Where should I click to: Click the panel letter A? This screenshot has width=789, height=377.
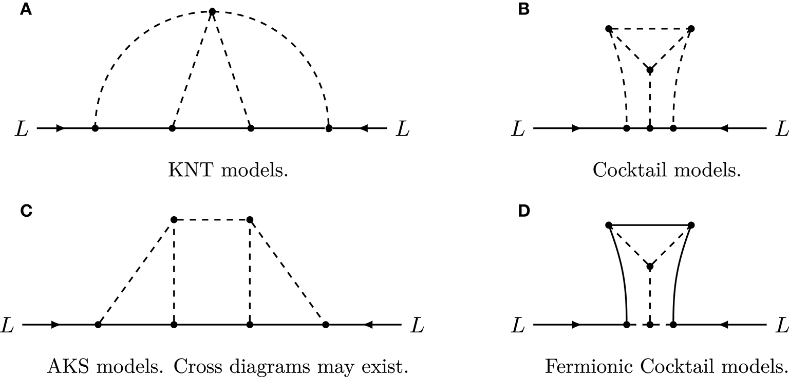pyautogui.click(x=25, y=10)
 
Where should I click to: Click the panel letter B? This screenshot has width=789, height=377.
pyautogui.click(x=524, y=10)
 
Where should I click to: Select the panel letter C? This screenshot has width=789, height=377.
pyautogui.click(x=25, y=211)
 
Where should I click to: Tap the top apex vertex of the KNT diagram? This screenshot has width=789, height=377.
pyautogui.click(x=212, y=11)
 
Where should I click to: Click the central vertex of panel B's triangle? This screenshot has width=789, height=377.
pyautogui.click(x=650, y=70)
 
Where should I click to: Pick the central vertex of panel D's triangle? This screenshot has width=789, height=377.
pyautogui.click(x=650, y=266)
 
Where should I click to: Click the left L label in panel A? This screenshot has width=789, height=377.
pyautogui.click(x=22, y=128)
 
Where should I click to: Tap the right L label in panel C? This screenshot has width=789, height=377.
pyautogui.click(x=418, y=325)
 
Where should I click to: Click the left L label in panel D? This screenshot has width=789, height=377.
pyautogui.click(x=519, y=325)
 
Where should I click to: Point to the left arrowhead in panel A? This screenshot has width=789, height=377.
pyautogui.click(x=61, y=128)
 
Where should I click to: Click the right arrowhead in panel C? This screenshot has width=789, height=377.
pyautogui.click(x=368, y=325)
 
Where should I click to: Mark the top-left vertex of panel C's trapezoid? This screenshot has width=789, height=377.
pyautogui.click(x=174, y=219)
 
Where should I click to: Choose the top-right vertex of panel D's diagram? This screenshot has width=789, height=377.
pyautogui.click(x=691, y=224)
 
